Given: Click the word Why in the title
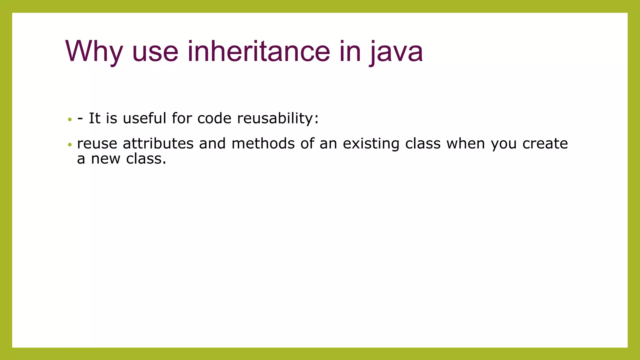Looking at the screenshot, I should (x=94, y=52).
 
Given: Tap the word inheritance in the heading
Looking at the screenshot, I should (x=258, y=52).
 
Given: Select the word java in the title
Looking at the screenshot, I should (x=396, y=52).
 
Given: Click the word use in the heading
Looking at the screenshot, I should (x=155, y=52).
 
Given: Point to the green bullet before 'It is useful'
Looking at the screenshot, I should (x=70, y=119).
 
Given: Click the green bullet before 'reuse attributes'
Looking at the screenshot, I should (x=70, y=145).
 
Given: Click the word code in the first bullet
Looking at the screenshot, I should (x=214, y=118).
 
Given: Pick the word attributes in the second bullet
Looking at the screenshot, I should (x=158, y=144).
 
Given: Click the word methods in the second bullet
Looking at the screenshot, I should (x=263, y=144).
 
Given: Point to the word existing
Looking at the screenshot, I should (x=371, y=144).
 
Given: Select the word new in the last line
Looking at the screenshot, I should (x=105, y=159).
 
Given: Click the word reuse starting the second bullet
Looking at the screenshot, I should (x=97, y=144).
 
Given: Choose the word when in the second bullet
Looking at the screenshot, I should (x=466, y=144).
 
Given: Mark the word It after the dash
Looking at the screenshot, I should (x=94, y=118).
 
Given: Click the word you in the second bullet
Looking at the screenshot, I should (x=503, y=144).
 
